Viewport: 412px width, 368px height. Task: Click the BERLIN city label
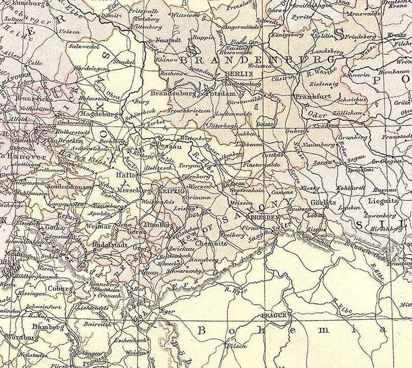tap(239, 74)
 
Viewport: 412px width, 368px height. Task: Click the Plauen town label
tap(150, 270)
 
